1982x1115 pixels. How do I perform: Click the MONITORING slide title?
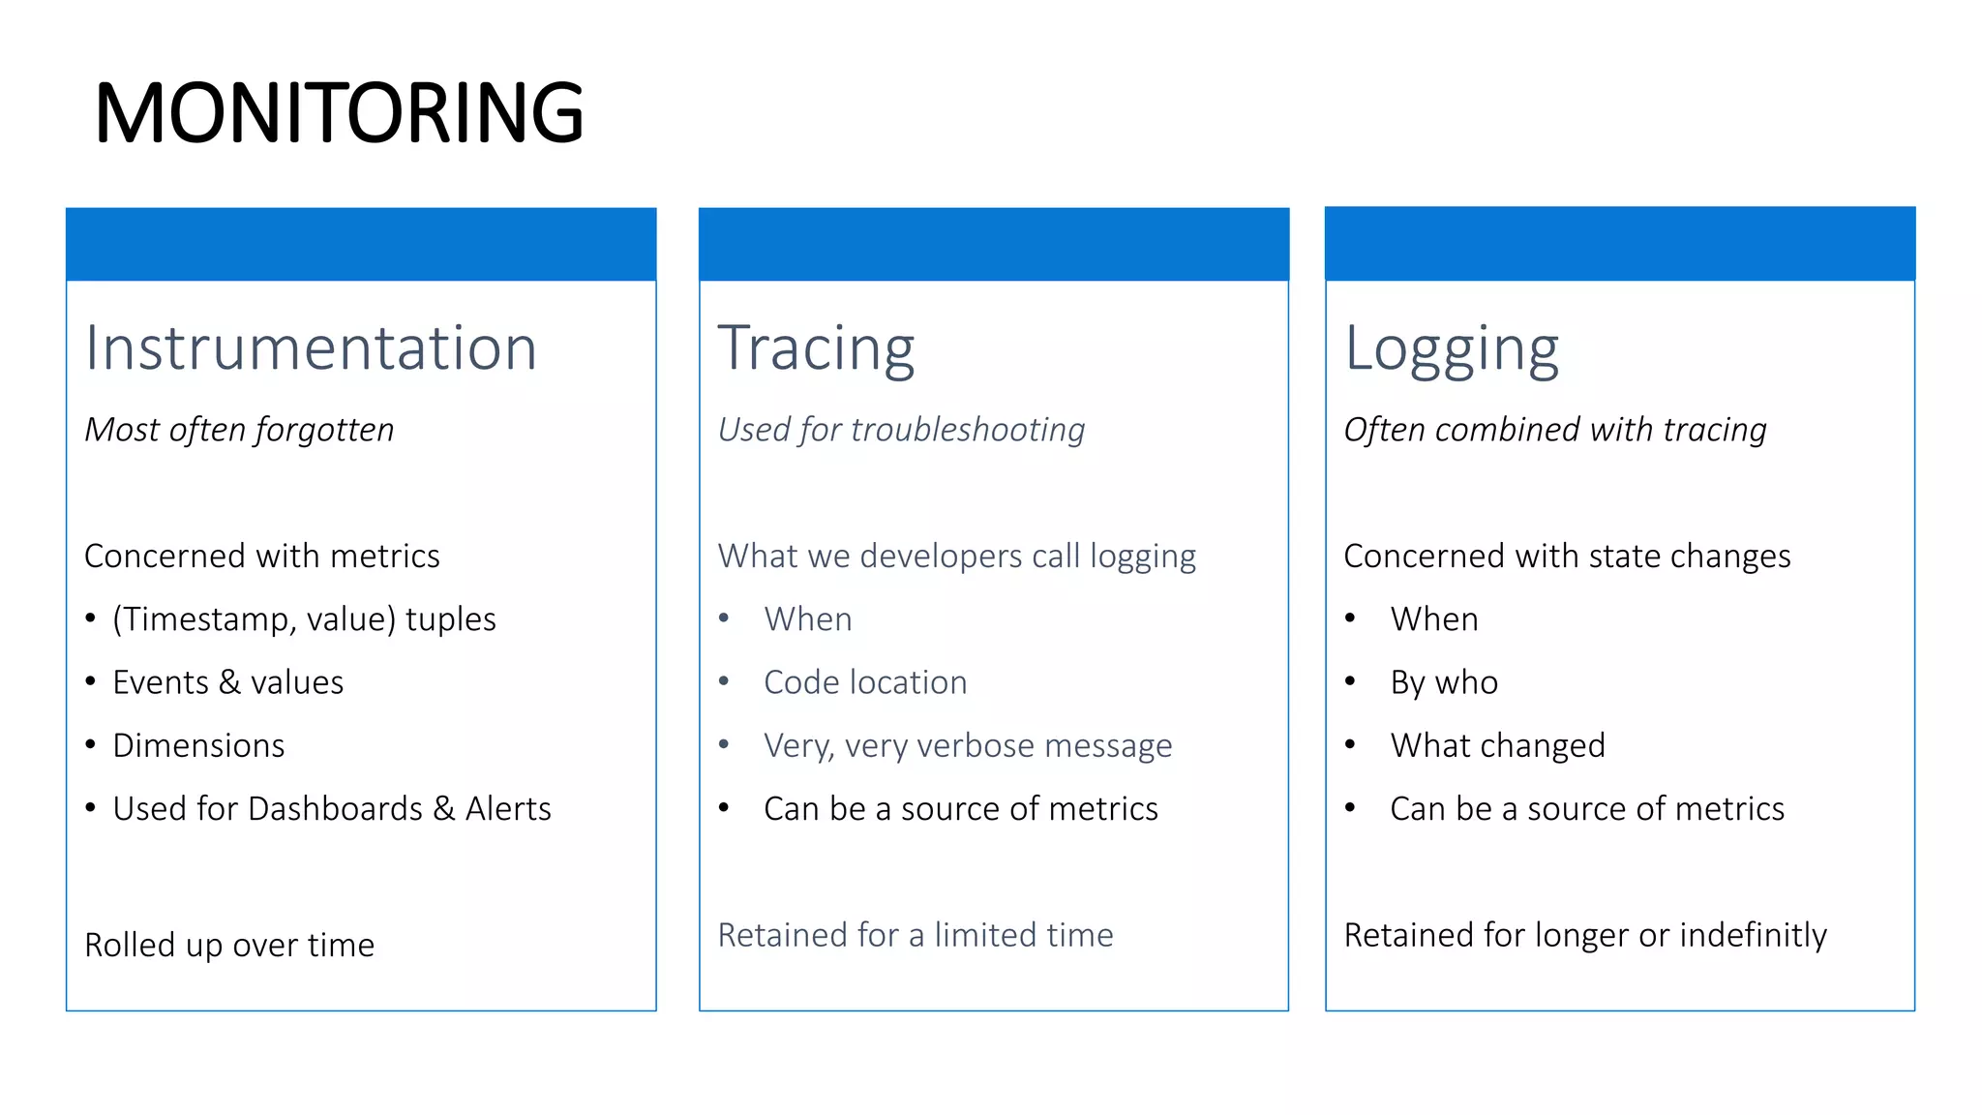click(339, 113)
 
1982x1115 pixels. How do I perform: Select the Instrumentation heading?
click(311, 347)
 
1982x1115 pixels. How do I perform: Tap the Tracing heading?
click(816, 347)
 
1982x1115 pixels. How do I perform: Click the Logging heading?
click(1452, 347)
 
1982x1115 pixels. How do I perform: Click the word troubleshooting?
click(968, 429)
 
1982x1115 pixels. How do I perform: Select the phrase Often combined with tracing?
click(1555, 429)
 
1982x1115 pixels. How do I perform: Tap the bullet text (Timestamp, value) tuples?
click(304, 619)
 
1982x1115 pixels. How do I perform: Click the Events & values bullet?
click(227, 682)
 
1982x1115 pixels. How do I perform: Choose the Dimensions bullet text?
click(198, 745)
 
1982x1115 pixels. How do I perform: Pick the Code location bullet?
click(865, 682)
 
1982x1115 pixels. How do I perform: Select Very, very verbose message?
click(968, 745)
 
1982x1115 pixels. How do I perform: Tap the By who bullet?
click(1444, 682)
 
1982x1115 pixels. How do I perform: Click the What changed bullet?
click(1497, 745)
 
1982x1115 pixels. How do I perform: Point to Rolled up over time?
click(229, 945)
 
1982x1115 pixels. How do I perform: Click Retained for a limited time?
click(916, 935)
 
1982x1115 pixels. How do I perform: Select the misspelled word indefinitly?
click(1753, 935)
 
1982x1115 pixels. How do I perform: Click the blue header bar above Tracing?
click(994, 244)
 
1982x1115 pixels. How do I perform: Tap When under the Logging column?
click(1434, 619)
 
